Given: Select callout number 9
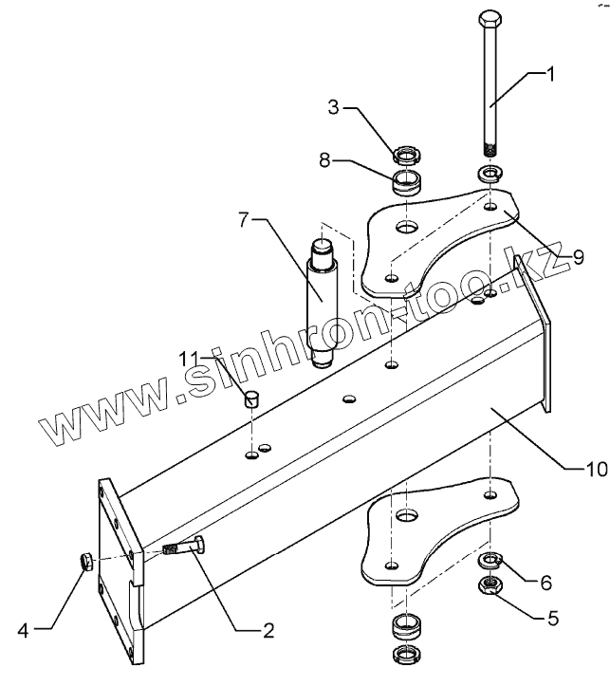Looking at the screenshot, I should [566, 257].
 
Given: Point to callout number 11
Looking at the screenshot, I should [194, 357].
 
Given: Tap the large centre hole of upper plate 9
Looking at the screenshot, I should [407, 229].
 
